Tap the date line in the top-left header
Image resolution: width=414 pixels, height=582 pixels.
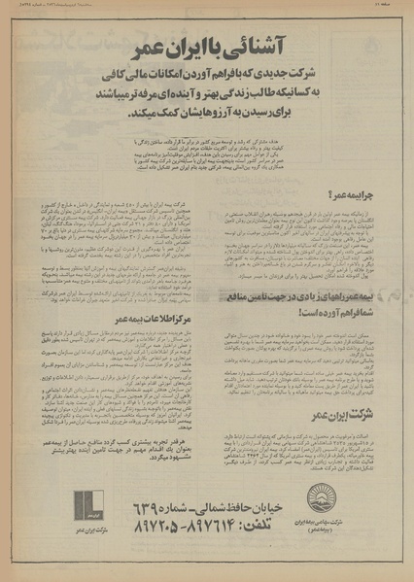pos(58,7)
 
